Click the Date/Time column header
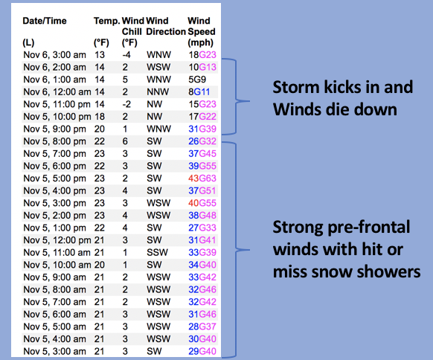(x=45, y=21)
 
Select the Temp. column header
(x=107, y=21)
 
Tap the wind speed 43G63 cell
(x=202, y=179)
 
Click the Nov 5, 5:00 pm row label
(x=54, y=179)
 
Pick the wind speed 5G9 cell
(x=197, y=80)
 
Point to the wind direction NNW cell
(x=158, y=92)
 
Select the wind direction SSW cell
(x=157, y=252)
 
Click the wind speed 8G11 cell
(x=199, y=92)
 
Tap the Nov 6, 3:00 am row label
(x=54, y=54)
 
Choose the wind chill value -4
(x=126, y=54)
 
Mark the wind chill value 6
(x=125, y=141)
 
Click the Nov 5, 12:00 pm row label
(x=57, y=240)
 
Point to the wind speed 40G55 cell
(x=202, y=203)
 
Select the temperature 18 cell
(x=100, y=117)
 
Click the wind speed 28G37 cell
(x=202, y=327)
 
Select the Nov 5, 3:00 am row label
(x=54, y=351)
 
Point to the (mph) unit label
(x=200, y=43)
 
